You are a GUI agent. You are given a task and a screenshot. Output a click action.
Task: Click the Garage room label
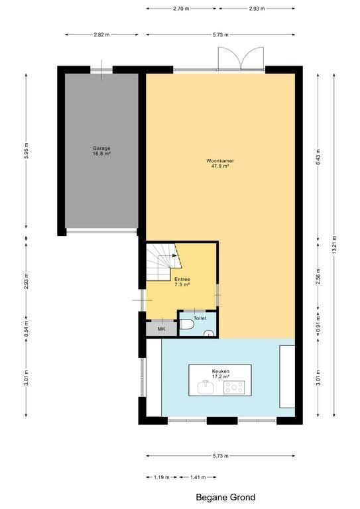[101, 150]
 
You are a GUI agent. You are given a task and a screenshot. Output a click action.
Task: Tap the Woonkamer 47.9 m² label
[220, 163]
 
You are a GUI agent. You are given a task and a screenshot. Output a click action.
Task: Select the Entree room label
[182, 282]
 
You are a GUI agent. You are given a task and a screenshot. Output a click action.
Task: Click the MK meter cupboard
[161, 329]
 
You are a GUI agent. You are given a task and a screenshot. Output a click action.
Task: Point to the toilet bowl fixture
[186, 324]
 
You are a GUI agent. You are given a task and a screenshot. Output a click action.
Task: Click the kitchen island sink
[205, 386]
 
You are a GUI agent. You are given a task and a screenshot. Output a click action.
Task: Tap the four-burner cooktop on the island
[234, 387]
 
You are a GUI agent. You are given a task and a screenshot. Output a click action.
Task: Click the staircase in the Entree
[163, 262]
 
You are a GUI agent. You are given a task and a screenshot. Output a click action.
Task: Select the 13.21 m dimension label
[334, 245]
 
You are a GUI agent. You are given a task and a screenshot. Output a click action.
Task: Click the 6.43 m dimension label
[318, 157]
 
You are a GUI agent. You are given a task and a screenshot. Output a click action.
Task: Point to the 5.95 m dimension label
[27, 150]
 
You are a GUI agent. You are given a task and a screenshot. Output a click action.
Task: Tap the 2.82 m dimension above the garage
[101, 34]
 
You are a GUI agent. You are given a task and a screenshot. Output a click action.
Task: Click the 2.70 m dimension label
[181, 9]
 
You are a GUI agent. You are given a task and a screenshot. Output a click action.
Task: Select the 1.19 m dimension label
[162, 477]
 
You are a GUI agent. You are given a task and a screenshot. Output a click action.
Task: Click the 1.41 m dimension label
[198, 477]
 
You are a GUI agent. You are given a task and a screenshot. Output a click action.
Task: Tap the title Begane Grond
[225, 497]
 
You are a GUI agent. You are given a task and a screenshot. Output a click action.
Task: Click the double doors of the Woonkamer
[241, 58]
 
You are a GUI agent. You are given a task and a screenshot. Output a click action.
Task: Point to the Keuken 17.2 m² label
[221, 374]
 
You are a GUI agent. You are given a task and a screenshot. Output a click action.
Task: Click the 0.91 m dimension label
[318, 323]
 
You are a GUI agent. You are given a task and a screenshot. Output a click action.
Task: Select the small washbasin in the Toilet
[208, 333]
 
